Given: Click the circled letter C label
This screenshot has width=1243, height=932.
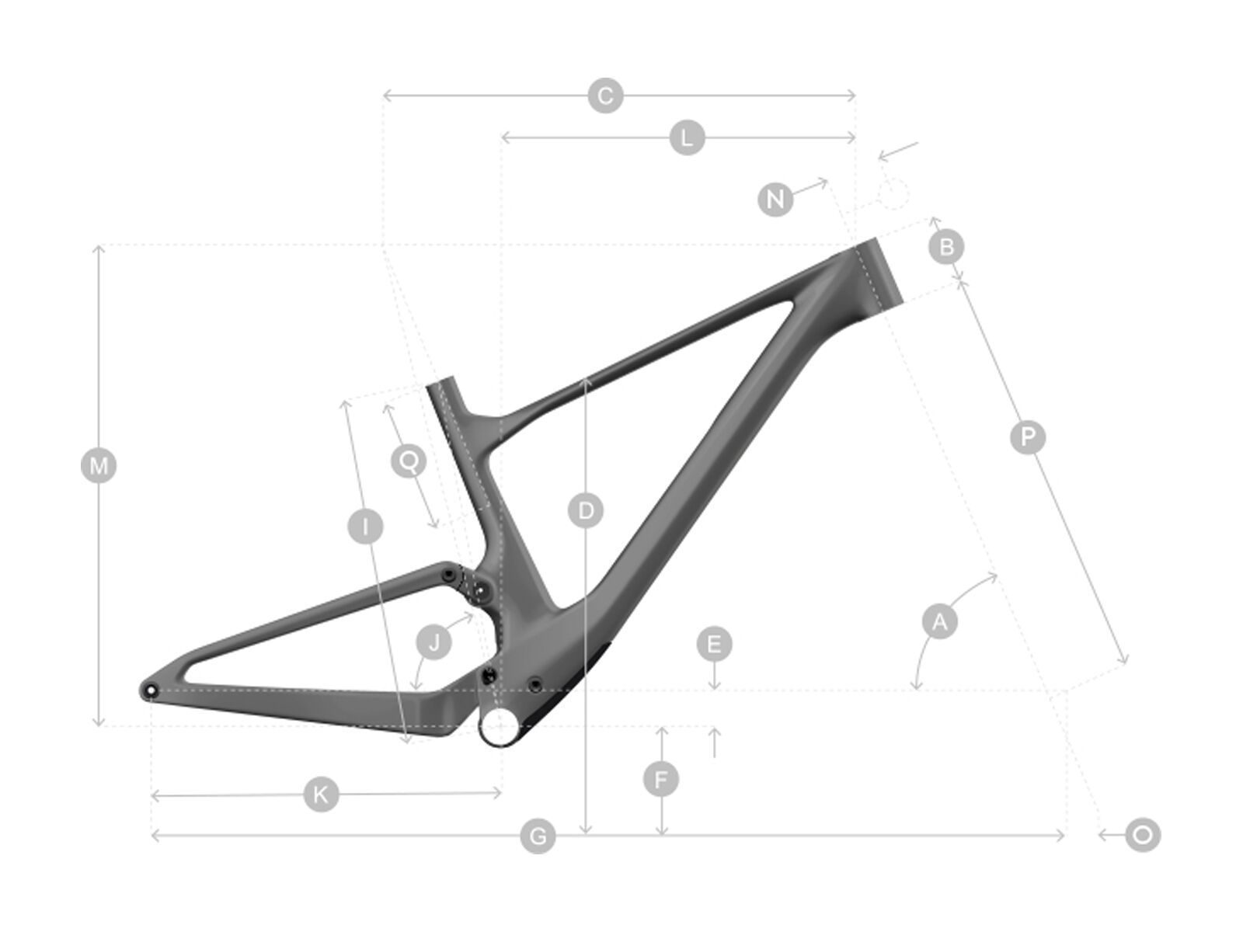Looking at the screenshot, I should click(x=606, y=96).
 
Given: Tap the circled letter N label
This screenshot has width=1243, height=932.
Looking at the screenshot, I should click(x=775, y=200).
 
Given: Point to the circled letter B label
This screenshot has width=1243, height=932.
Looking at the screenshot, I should click(x=946, y=247).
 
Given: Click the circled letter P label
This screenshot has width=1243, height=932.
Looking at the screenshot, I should click(x=1028, y=437).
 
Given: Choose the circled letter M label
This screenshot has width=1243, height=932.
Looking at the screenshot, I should click(x=99, y=466).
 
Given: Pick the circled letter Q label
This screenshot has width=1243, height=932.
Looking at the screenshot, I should click(x=409, y=461).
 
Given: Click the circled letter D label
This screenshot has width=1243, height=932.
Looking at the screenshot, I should click(x=586, y=511).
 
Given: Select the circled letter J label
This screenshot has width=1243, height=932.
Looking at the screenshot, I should click(x=434, y=642).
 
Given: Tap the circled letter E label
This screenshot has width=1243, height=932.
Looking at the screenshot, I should click(x=714, y=644).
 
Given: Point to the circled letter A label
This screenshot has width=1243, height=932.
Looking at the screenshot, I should click(x=940, y=621).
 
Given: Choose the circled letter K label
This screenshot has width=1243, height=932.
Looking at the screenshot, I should click(x=321, y=794).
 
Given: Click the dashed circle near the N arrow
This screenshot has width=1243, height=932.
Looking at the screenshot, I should click(x=893, y=193).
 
